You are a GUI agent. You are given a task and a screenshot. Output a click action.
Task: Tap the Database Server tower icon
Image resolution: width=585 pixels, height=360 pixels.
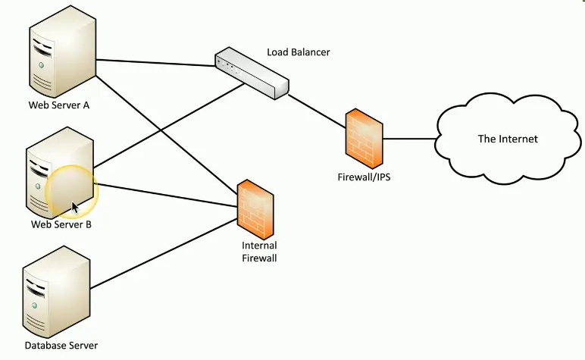pos(58,296)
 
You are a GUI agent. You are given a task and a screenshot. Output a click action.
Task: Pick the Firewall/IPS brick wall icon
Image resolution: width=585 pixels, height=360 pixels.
pos(363,138)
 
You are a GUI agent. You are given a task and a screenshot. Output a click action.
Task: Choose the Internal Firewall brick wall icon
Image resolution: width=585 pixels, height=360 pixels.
pos(255,208)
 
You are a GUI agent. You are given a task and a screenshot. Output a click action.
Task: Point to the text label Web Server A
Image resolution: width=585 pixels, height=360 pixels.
pos(59,105)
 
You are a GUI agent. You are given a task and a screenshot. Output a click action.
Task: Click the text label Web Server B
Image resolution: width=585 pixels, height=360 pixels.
pos(61,224)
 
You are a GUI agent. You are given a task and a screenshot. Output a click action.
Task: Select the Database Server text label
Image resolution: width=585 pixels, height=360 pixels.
pos(61,346)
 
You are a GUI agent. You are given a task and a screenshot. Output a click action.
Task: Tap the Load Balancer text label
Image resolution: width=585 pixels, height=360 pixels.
pos(299,52)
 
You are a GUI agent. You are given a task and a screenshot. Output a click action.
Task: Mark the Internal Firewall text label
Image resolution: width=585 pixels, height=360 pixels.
pos(259,252)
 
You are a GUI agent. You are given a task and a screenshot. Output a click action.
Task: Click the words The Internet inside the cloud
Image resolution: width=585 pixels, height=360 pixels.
pos(508,139)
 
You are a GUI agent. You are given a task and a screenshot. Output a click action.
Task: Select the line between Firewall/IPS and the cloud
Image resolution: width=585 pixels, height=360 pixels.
pos(409,139)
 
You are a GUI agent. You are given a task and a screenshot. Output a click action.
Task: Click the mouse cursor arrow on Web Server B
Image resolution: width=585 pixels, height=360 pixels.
pos(75,208)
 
